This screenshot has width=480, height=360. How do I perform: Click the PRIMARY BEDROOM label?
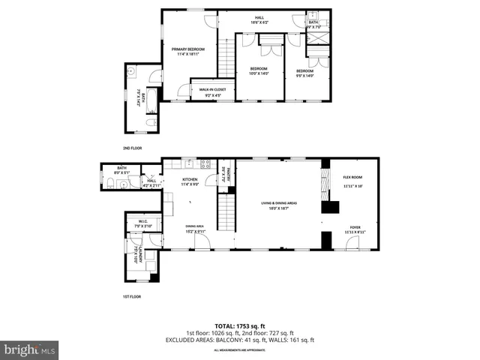click(x=187, y=49)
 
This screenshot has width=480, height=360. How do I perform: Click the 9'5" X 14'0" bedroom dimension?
click(x=304, y=74)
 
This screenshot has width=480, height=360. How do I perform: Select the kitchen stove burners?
click(x=205, y=163)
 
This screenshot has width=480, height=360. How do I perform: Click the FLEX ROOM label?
click(x=352, y=177)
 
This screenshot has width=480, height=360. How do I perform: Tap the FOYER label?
click(x=354, y=227)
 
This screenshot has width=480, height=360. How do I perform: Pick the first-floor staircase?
click(x=226, y=211)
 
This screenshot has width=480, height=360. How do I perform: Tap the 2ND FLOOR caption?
click(x=132, y=148)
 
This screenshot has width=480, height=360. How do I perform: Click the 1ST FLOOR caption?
click(x=132, y=297)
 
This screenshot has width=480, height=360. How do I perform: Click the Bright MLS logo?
click(x=30, y=349)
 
